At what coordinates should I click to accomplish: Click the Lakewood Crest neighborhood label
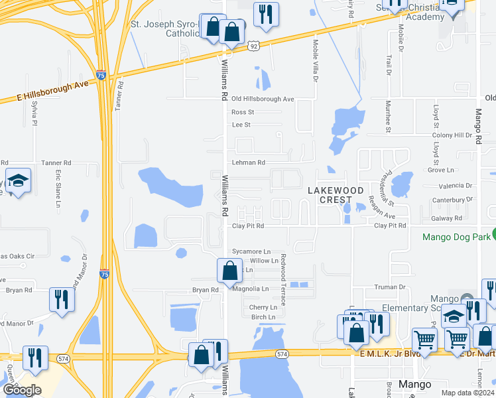336,195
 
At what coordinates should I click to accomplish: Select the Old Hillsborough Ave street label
263,99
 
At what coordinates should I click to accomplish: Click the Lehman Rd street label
248,163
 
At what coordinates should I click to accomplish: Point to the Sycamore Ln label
251,252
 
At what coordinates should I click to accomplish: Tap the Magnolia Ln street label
251,289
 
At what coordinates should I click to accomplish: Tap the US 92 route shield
254,46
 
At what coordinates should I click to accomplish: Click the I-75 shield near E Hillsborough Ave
101,76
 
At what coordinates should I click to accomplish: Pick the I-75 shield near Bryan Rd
104,273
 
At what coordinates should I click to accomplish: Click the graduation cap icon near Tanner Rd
19,180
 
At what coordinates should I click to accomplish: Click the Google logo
22,390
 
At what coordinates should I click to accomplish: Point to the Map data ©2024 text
467,393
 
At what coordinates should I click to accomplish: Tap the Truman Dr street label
394,287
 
